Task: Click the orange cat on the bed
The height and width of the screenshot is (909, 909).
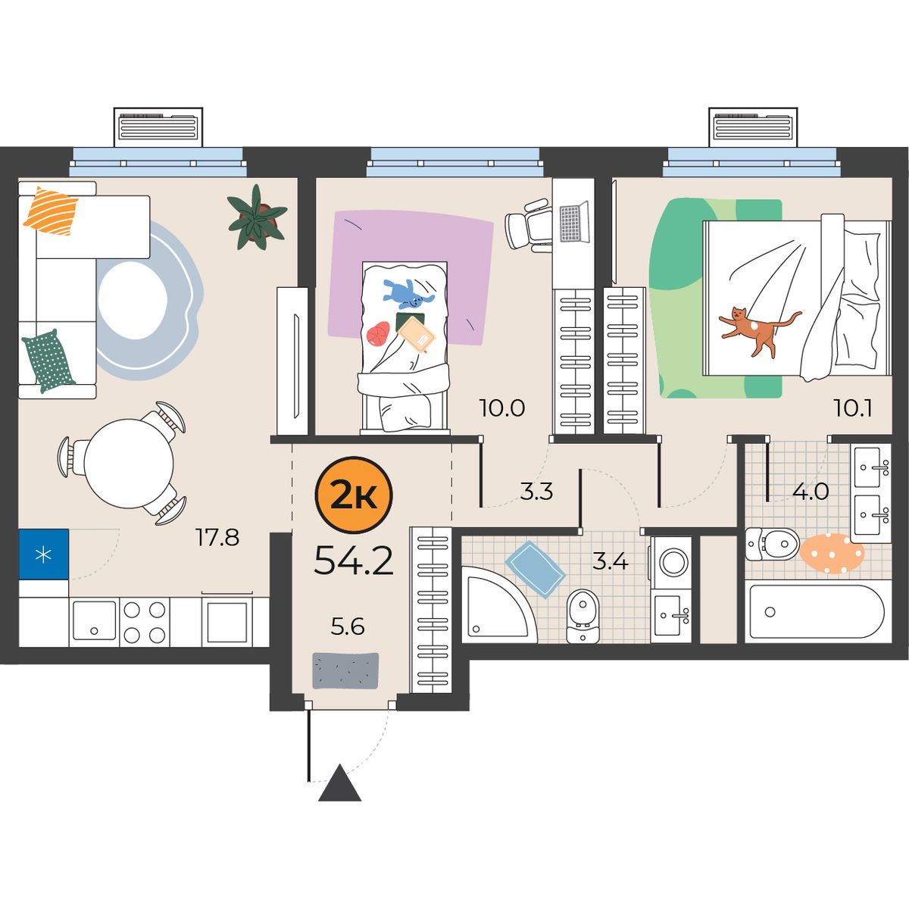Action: (756, 330)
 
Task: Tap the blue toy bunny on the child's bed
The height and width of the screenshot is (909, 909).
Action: (407, 293)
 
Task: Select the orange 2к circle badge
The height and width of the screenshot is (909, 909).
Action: (354, 495)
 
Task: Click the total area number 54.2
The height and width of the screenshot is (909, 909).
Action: (354, 560)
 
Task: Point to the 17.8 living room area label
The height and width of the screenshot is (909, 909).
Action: (217, 537)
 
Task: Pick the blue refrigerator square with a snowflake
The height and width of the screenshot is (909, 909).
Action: (44, 554)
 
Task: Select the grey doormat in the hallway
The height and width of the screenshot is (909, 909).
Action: (345, 670)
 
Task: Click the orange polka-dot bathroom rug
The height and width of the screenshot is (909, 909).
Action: (832, 553)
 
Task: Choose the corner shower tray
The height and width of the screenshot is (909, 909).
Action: (499, 604)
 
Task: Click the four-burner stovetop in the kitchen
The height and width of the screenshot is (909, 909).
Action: (145, 623)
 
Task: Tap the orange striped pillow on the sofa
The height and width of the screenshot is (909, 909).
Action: (51, 211)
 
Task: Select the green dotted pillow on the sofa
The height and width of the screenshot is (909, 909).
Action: (48, 361)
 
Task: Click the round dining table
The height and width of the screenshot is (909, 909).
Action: (130, 464)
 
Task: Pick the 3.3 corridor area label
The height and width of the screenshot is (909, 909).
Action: (537, 492)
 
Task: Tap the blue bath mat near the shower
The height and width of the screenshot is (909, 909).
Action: (535, 570)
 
